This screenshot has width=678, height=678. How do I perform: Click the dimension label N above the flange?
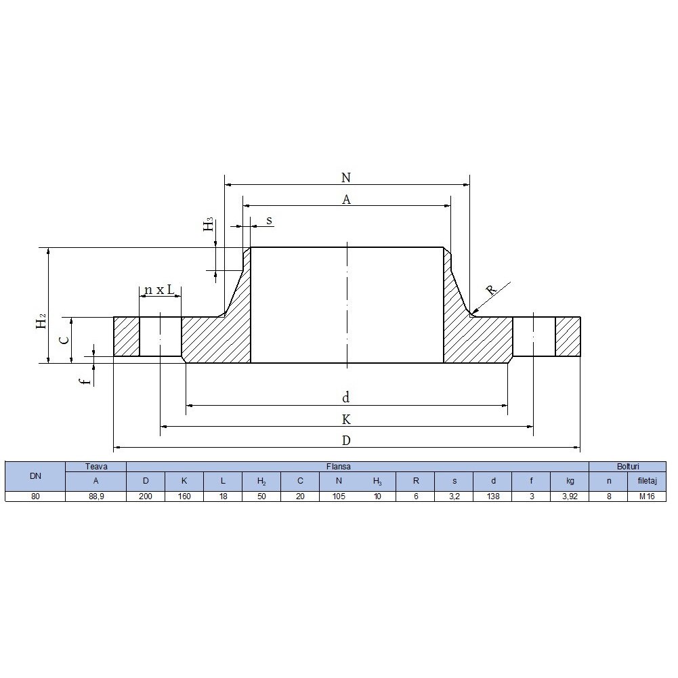[x=346, y=177]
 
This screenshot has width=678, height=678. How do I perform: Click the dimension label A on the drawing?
[x=346, y=199]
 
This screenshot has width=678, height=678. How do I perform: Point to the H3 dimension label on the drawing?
[x=209, y=224]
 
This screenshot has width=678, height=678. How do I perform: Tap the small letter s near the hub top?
[x=269, y=220]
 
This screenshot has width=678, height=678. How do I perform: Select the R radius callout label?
[x=492, y=290]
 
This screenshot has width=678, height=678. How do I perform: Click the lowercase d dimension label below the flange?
[x=346, y=398]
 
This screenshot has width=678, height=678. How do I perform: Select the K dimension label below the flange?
[x=346, y=419]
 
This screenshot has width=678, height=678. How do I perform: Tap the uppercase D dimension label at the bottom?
[x=346, y=440]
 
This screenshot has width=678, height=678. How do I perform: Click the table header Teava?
[x=96, y=467]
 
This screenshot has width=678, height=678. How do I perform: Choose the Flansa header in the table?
[x=357, y=467]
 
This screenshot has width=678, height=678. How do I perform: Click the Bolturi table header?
[x=627, y=467]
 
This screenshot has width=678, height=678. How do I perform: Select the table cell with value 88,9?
[x=96, y=496]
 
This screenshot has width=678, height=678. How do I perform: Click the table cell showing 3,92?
[x=569, y=496]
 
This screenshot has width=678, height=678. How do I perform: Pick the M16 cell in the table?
[x=646, y=496]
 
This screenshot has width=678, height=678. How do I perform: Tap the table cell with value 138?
[x=492, y=496]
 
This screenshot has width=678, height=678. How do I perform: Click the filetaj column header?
[x=646, y=480]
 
